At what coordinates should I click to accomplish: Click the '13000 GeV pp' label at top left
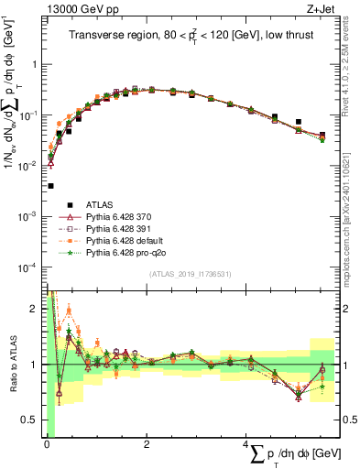71,9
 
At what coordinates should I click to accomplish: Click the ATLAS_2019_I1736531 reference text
190,274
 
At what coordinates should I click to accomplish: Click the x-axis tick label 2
147,443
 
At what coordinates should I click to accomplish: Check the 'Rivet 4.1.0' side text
353,69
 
